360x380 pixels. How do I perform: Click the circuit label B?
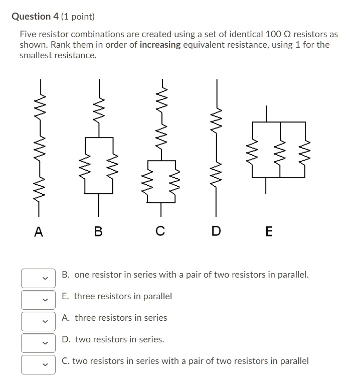tap(98, 231)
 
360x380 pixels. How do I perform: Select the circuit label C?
tap(160, 231)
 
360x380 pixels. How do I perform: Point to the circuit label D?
tap(216, 231)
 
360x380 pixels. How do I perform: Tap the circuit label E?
tap(268, 231)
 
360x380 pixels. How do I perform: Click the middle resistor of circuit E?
tap(280, 150)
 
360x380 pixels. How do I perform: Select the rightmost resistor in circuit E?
tap(304, 150)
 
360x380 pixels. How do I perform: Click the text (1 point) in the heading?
tap(78, 17)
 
